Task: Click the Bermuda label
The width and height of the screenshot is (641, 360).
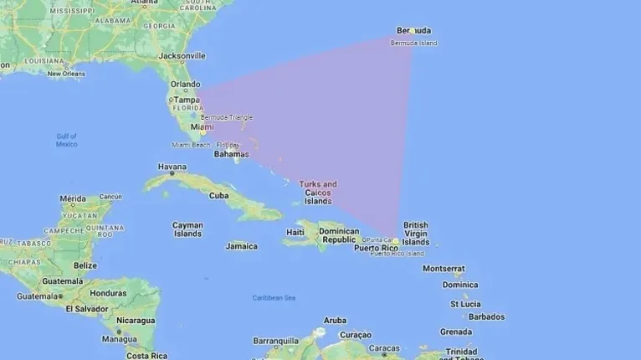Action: click(x=415, y=32)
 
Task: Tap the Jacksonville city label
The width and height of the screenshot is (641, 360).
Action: click(x=182, y=56)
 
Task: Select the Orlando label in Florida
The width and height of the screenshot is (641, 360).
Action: click(x=185, y=84)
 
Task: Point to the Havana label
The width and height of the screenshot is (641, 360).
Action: click(x=172, y=166)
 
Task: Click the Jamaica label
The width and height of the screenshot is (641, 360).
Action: click(x=241, y=246)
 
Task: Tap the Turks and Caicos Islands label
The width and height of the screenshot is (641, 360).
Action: click(x=318, y=193)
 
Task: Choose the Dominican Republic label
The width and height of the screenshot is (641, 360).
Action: click(x=340, y=235)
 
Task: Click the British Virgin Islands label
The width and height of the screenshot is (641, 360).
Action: click(x=416, y=234)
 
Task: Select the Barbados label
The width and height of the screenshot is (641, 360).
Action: click(x=486, y=317)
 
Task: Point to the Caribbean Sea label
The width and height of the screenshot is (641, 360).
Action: click(x=274, y=298)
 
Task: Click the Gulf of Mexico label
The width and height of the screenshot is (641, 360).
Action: click(x=67, y=140)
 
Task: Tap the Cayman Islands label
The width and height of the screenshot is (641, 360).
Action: click(x=187, y=229)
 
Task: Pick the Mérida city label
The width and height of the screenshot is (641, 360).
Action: click(x=73, y=198)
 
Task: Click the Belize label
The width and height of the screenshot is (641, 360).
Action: click(x=85, y=265)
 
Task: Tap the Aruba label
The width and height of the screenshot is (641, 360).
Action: click(x=335, y=320)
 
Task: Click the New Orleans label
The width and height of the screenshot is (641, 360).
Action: click(x=66, y=74)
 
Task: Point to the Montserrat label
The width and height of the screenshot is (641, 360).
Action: click(x=443, y=269)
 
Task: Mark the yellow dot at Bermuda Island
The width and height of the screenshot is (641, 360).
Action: click(x=412, y=32)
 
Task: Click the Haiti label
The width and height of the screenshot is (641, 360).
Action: click(x=295, y=232)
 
